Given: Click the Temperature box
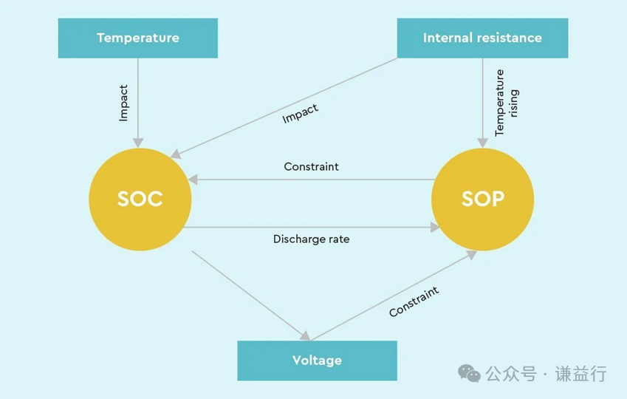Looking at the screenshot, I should tap(138, 38).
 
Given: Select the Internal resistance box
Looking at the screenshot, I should tap(482, 38).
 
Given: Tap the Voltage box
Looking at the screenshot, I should tap(317, 361).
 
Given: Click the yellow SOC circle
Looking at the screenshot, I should tap(140, 199).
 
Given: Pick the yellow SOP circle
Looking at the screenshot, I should tap(482, 199).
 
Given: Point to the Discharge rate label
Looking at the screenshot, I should tap(311, 239).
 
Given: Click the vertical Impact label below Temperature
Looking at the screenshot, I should tap(123, 102).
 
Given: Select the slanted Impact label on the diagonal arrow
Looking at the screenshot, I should tap(301, 114).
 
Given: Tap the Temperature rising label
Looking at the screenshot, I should tap(506, 103).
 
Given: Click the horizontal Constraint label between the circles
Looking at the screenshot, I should tap(311, 167).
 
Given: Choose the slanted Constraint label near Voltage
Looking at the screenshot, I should tap(414, 301).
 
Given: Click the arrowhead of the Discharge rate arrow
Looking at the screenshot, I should tap(435, 228).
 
